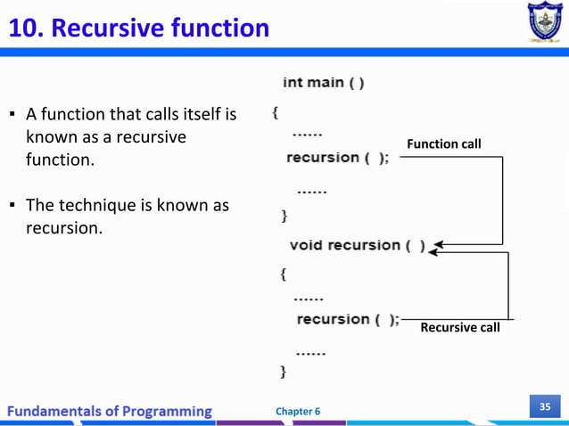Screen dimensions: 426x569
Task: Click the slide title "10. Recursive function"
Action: (138, 29)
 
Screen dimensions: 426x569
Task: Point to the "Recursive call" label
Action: (460, 328)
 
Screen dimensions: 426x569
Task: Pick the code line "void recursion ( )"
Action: (358, 245)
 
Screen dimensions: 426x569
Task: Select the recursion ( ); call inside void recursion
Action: (348, 319)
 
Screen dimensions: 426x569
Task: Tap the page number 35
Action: (543, 407)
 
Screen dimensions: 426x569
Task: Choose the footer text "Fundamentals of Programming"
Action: (111, 411)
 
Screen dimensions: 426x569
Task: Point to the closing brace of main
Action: (284, 215)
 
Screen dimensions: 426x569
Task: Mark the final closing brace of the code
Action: (284, 367)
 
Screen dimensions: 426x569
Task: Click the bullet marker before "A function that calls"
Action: (12, 115)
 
